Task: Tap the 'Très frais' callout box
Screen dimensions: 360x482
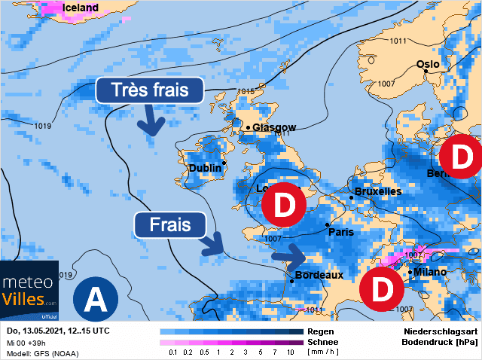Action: pyautogui.click(x=151, y=90)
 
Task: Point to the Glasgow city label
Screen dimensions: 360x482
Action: pyautogui.click(x=274, y=127)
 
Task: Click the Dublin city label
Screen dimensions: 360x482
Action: pyautogui.click(x=204, y=168)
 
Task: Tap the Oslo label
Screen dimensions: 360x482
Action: pyautogui.click(x=428, y=64)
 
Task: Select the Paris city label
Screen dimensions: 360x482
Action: pyautogui.click(x=341, y=232)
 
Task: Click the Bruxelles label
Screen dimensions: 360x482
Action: pyautogui.click(x=378, y=191)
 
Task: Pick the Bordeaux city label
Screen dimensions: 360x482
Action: pyautogui.click(x=319, y=275)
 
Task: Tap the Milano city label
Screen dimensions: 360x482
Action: pyautogui.click(x=430, y=272)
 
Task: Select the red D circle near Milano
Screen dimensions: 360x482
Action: pyautogui.click(x=382, y=288)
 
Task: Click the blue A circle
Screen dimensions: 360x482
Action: pyautogui.click(x=95, y=300)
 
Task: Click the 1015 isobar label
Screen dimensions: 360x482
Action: pyautogui.click(x=246, y=92)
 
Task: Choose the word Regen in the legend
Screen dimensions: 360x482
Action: pyautogui.click(x=322, y=331)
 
